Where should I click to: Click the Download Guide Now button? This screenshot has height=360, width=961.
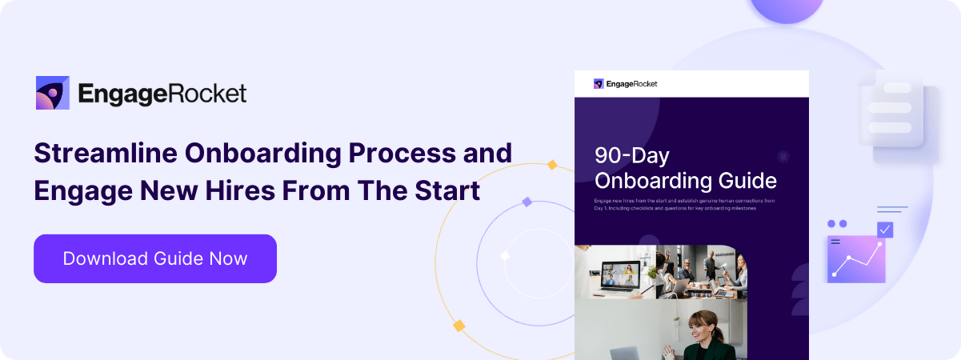(x=155, y=258)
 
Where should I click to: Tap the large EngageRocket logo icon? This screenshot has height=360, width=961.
(x=53, y=93)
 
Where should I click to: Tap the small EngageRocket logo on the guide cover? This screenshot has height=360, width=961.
(x=599, y=83)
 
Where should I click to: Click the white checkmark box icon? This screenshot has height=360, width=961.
(x=884, y=230)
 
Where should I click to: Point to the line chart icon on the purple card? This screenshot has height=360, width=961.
(x=857, y=258)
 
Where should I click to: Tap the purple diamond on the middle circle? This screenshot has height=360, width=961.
(x=527, y=202)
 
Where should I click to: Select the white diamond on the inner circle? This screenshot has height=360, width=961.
(x=505, y=256)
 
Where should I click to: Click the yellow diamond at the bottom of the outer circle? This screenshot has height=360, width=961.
(x=458, y=326)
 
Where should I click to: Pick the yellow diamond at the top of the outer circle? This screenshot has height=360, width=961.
(x=551, y=165)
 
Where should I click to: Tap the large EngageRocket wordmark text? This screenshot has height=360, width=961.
(x=162, y=94)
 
